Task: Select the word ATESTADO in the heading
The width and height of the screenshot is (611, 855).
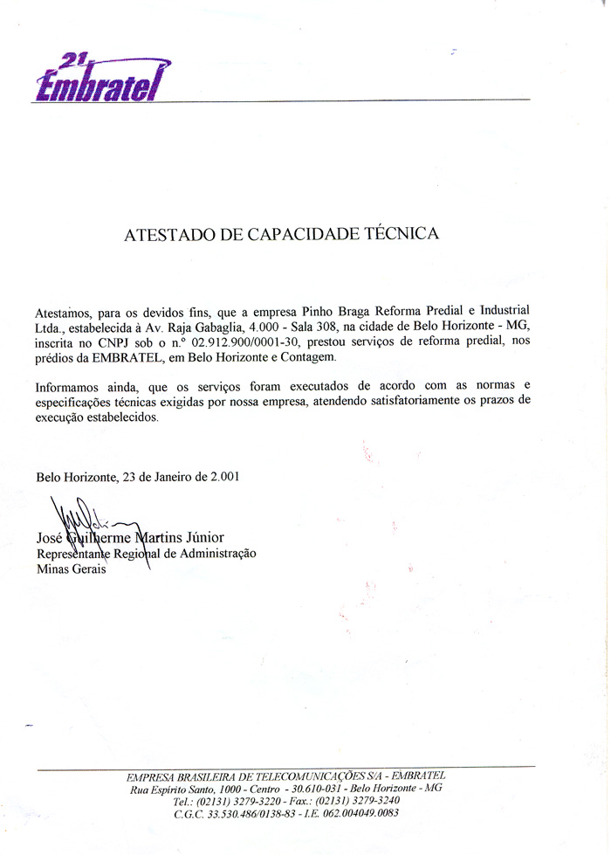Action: point(164,234)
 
